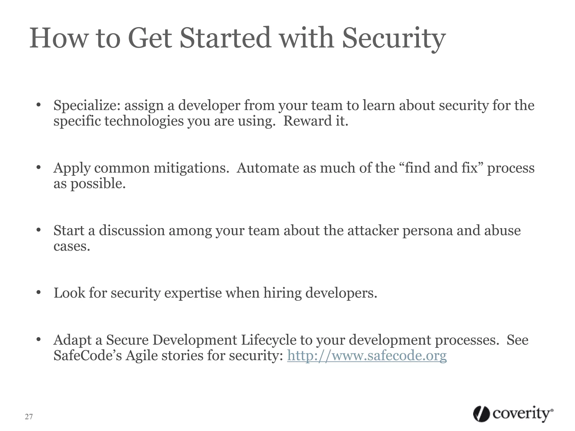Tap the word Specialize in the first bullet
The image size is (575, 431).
coord(87,106)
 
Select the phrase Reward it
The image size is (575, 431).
coord(316,121)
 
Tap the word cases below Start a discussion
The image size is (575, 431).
coord(72,246)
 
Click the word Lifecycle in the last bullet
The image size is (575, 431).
coord(268,340)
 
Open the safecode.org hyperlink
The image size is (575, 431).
coord(367,356)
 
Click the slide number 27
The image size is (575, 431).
coord(29,417)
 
